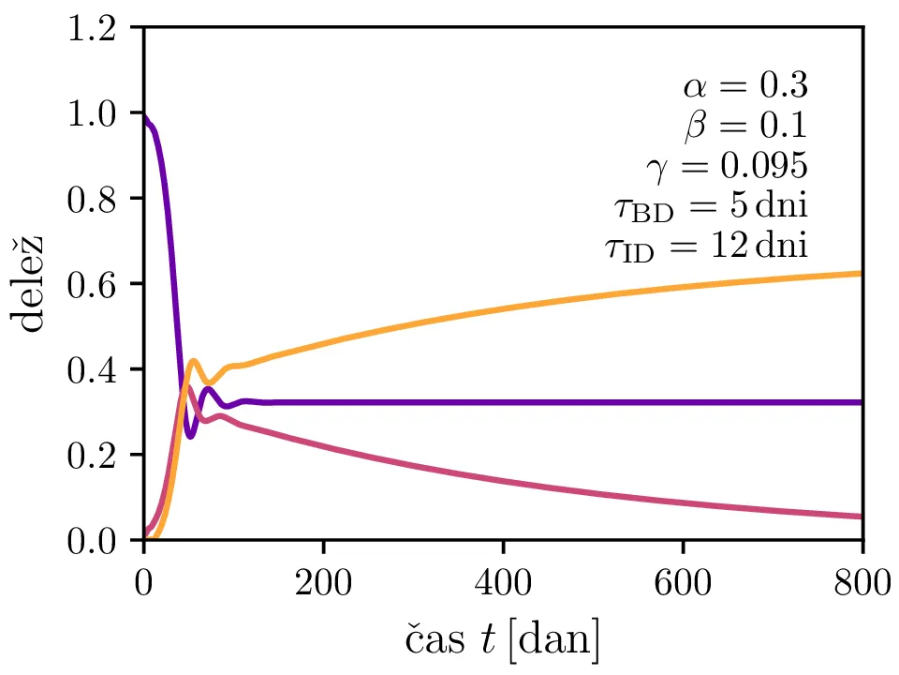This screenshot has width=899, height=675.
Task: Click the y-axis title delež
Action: [32, 284]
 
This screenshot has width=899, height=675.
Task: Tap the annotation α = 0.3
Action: [744, 86]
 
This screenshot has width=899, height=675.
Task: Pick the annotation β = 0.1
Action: [746, 126]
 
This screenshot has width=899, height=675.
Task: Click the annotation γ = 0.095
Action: [726, 166]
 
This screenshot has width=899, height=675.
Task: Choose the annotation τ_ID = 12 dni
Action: [705, 247]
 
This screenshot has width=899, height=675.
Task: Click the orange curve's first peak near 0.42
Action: [193, 361]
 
